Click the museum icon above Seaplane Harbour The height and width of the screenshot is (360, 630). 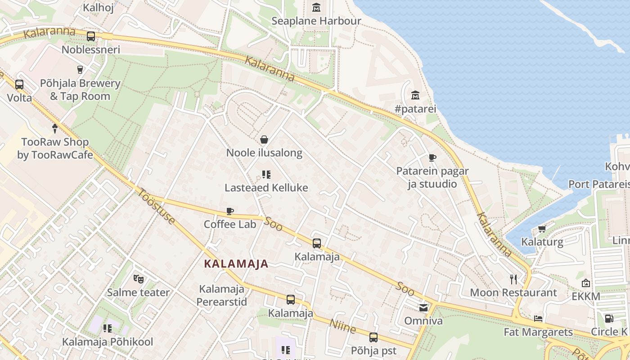click(x=316, y=8)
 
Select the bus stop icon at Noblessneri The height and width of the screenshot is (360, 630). click(x=91, y=36)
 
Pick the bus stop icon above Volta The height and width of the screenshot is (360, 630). click(x=19, y=84)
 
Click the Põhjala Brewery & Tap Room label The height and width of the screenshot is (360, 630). click(x=80, y=90)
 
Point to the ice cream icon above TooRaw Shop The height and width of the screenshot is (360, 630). click(x=55, y=128)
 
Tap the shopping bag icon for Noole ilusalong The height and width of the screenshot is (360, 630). click(x=264, y=139)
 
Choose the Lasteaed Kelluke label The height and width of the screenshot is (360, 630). click(x=266, y=188)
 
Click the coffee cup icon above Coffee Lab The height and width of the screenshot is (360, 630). click(x=230, y=211)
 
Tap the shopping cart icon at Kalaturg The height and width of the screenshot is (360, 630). click(x=542, y=229)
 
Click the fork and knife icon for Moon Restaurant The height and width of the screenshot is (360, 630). click(x=513, y=279)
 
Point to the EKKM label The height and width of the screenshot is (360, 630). click(x=586, y=297)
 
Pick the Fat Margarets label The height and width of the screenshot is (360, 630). click(x=538, y=333)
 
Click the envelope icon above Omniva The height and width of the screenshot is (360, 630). click(x=423, y=308)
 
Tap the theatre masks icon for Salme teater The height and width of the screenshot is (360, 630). click(x=138, y=279)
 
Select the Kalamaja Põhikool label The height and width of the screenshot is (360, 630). click(x=108, y=342)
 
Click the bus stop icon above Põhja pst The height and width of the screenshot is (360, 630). click(x=373, y=337)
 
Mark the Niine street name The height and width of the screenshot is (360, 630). click(x=343, y=326)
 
